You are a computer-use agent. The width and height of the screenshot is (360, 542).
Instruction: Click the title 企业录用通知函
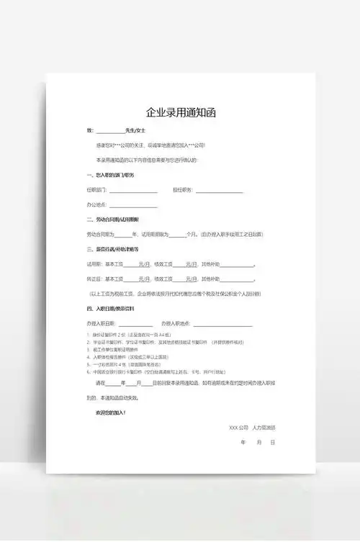180,112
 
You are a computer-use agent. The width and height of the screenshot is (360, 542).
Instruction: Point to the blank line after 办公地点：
134,205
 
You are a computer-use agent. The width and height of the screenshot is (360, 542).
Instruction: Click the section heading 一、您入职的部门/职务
111,175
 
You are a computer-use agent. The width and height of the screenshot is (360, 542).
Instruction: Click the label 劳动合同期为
100,235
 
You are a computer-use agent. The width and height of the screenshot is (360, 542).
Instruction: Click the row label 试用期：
94,264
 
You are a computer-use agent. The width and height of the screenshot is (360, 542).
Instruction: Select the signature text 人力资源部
264,428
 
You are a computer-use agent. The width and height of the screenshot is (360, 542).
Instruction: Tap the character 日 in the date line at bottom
273,442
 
